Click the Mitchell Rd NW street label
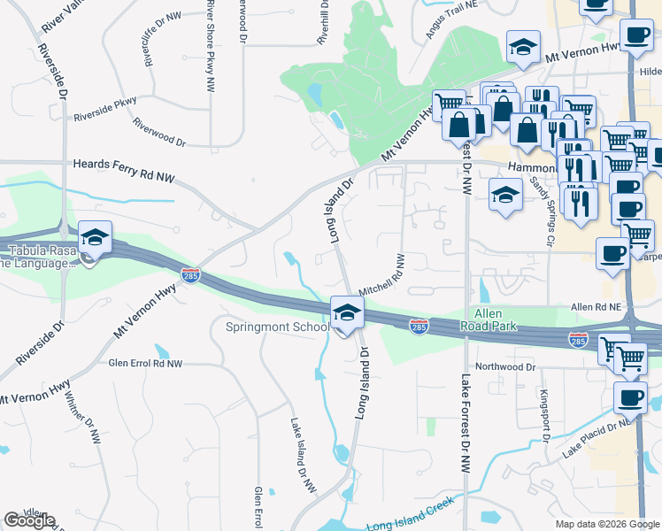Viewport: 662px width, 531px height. (381, 275)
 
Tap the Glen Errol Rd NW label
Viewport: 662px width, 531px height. (144, 364)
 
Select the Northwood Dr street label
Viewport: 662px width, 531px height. (505, 366)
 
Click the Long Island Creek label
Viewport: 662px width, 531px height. (410, 512)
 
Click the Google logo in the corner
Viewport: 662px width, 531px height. (29, 520)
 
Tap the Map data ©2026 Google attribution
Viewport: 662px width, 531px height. (607, 524)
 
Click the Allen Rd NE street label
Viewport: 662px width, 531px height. (598, 306)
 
